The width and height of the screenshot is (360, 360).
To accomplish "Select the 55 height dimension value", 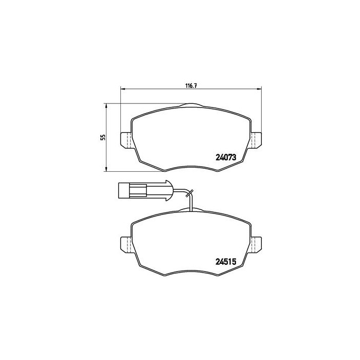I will click(x=103, y=137).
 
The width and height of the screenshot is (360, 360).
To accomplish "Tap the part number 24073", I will click(x=225, y=158).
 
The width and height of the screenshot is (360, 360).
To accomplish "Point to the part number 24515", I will click(x=225, y=261).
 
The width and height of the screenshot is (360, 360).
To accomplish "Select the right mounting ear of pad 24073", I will click(x=257, y=140).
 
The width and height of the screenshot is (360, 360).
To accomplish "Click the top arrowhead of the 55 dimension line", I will click(x=106, y=105).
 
